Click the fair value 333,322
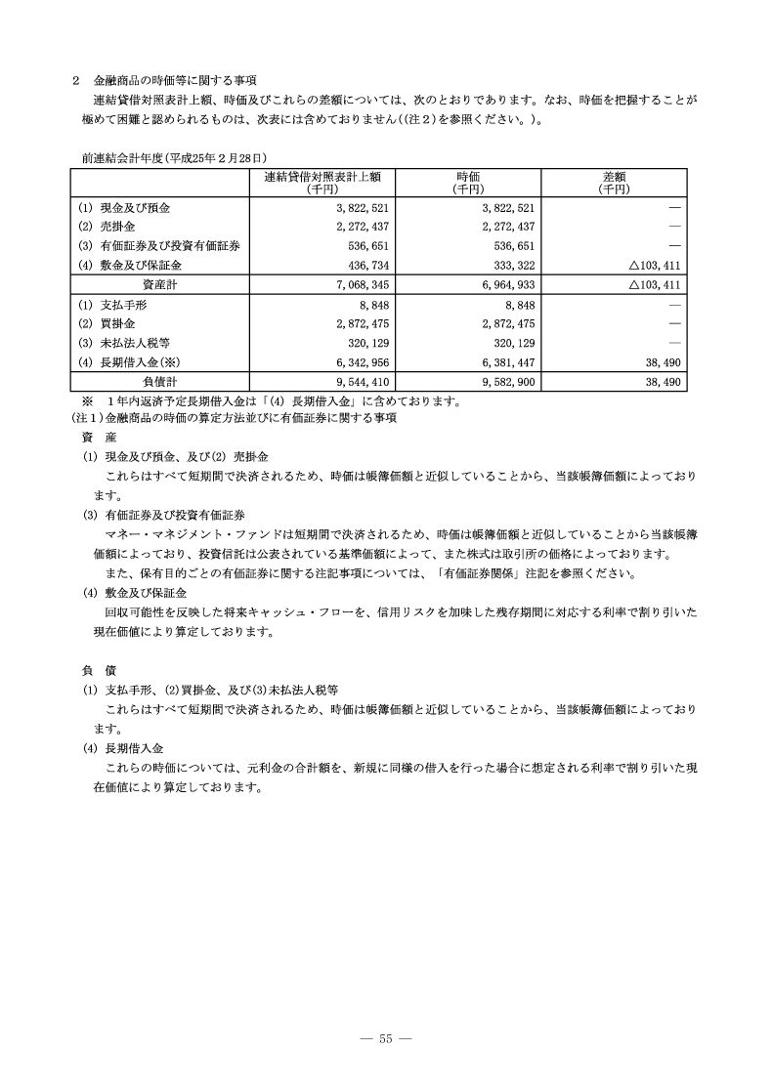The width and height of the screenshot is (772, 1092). [508, 265]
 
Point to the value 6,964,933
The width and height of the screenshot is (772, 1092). [502, 284]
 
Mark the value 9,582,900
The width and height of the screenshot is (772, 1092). [502, 380]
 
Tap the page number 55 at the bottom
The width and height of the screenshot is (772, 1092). [386, 1037]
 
